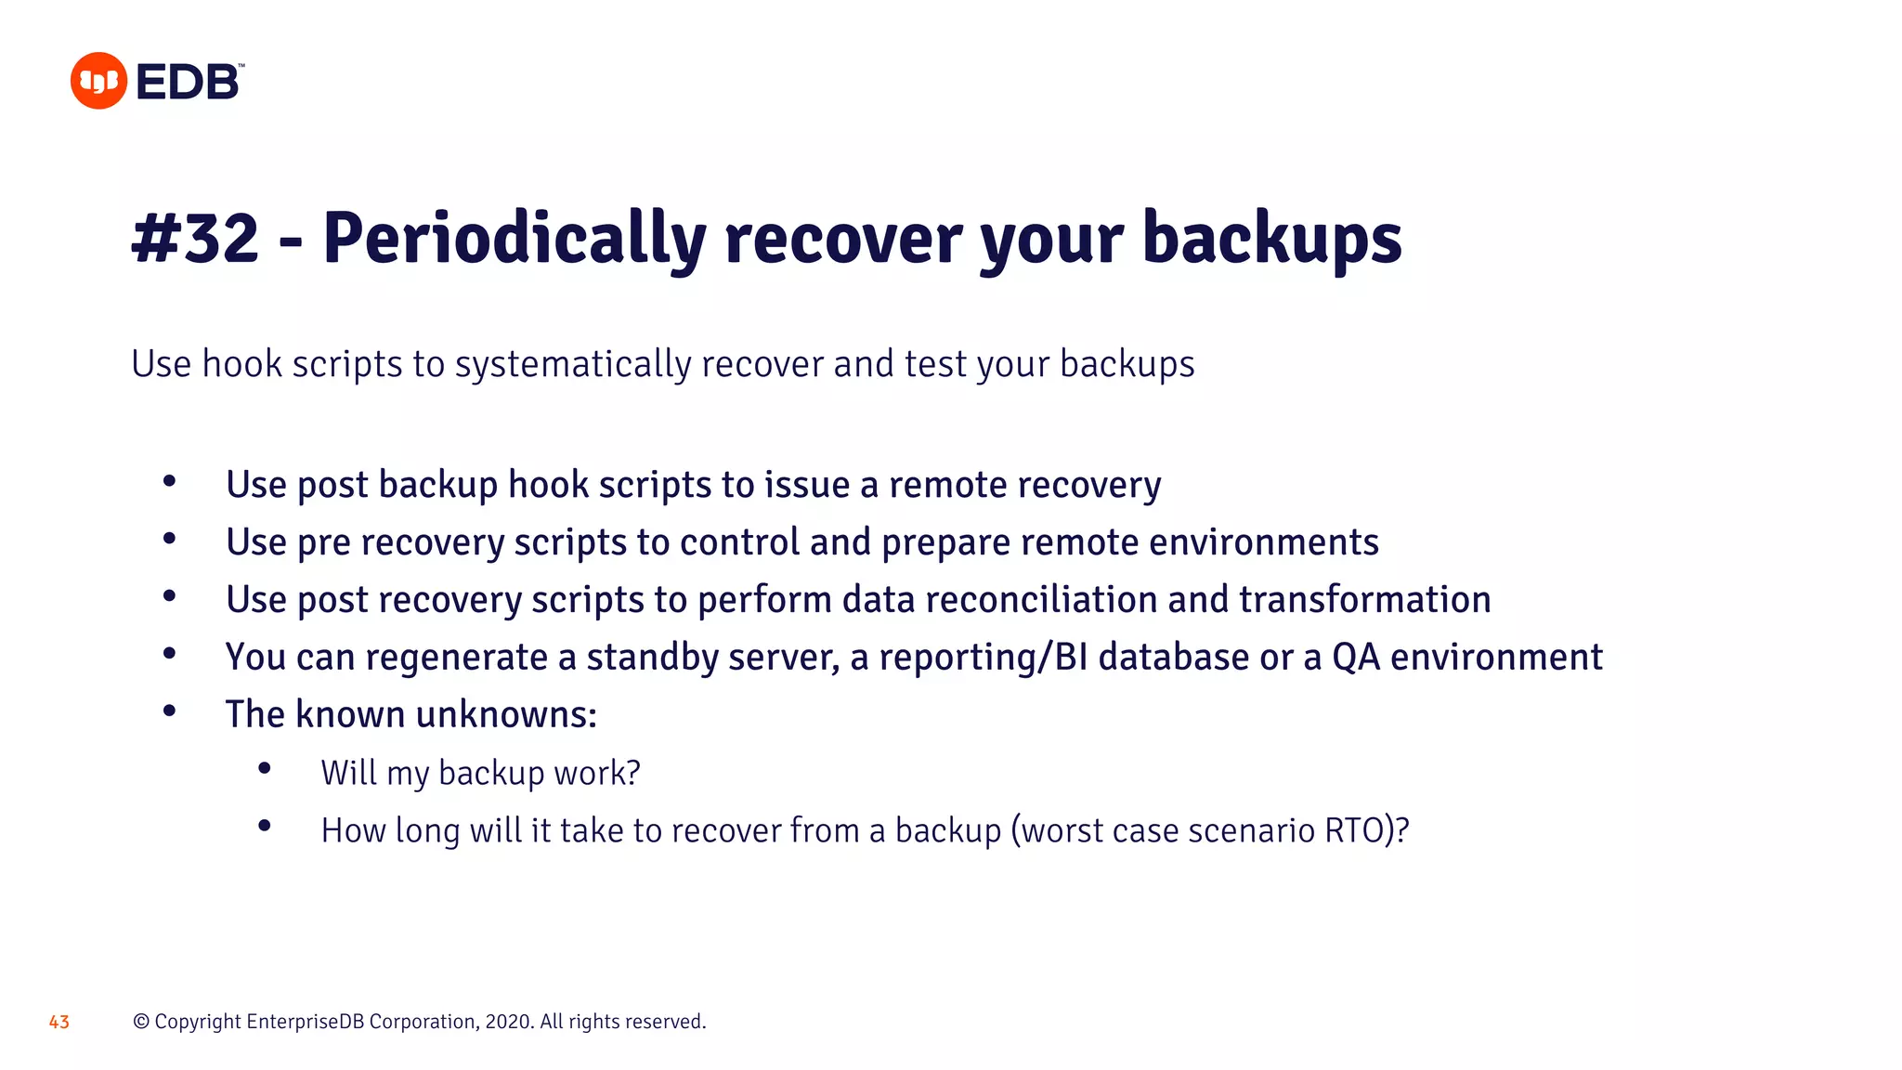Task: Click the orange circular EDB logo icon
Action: point(98,81)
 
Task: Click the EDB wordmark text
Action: point(189,82)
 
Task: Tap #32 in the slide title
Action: point(195,239)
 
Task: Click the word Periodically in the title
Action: point(514,239)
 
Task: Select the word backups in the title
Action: point(1271,239)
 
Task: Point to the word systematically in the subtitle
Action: point(573,364)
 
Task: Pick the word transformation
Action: point(1364,600)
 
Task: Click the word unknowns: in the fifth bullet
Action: point(506,715)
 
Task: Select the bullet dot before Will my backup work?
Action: point(265,768)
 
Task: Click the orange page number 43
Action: point(59,1022)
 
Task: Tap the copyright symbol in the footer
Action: point(141,1022)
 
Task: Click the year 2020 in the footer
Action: point(508,1022)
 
